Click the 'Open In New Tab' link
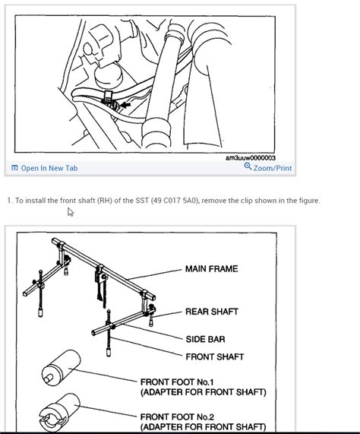[49, 168]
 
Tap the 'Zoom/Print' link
[273, 168]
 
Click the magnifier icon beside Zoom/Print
[248, 167]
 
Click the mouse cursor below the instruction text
[71, 212]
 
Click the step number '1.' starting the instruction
[9, 201]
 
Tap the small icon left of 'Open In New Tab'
[14, 168]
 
